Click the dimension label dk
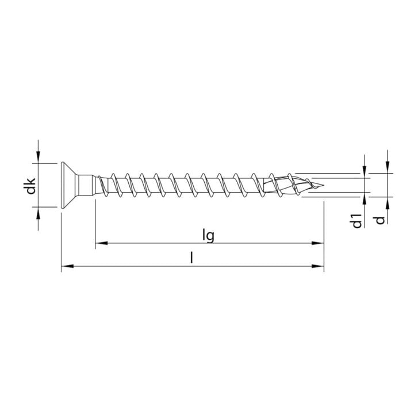pyautogui.click(x=31, y=186)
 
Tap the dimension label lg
pyautogui.click(x=208, y=235)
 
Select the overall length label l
pyautogui.click(x=192, y=258)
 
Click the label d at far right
pyautogui.click(x=380, y=220)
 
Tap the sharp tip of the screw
pyautogui.click(x=323, y=185)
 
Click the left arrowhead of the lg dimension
pyautogui.click(x=101, y=243)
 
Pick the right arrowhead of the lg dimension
pyautogui.click(x=317, y=243)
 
